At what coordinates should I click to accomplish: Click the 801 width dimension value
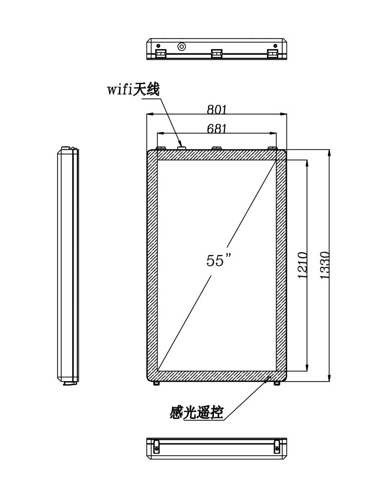[217, 109]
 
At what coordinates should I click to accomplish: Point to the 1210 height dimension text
[302, 265]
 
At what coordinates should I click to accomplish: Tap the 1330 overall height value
[324, 265]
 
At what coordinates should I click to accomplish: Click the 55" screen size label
[218, 260]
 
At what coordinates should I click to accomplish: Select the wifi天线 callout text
[133, 89]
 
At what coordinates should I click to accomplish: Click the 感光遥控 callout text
[197, 413]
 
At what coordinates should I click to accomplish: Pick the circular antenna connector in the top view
[181, 47]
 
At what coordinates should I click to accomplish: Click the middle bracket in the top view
[216, 53]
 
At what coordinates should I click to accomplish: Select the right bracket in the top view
[273, 53]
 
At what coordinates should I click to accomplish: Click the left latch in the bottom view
[156, 446]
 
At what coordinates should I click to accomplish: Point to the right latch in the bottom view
[276, 446]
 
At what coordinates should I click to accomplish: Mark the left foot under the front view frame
[156, 383]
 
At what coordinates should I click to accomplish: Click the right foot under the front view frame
[276, 383]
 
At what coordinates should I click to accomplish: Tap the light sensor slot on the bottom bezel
[267, 377]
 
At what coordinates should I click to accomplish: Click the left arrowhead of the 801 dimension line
[149, 114]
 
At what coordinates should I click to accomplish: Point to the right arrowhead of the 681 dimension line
[273, 133]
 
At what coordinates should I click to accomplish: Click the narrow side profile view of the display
[68, 267]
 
